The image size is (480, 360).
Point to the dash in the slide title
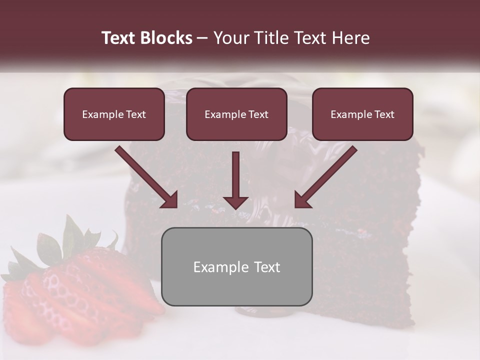pyautogui.click(x=202, y=38)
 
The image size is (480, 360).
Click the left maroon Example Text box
pyautogui.click(x=114, y=114)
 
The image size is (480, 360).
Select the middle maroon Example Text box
pyautogui.click(x=236, y=114)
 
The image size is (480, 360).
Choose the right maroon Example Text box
pyautogui.click(x=362, y=114)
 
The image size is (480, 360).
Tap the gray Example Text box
pyautogui.click(x=236, y=266)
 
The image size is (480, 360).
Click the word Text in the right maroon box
pyautogui.click(x=383, y=114)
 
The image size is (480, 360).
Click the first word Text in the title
pyautogui.click(x=120, y=38)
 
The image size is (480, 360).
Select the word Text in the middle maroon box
pyautogui.click(x=257, y=114)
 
